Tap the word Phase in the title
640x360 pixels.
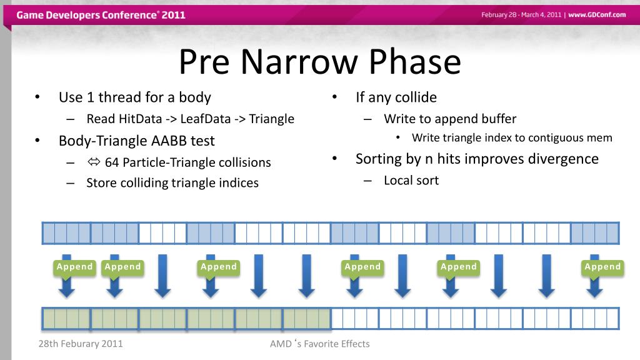coord(415,61)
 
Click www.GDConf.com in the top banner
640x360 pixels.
coord(597,15)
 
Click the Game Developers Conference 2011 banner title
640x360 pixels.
coord(101,15)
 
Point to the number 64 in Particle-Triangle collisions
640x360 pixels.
coord(112,162)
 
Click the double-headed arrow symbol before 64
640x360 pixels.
coord(94,162)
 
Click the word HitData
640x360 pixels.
coord(141,119)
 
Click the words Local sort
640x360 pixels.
coord(411,181)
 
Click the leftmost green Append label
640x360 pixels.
coord(75,267)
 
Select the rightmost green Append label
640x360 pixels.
coord(602,267)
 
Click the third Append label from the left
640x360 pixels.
coord(218,267)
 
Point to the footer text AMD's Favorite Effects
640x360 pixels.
coord(319,344)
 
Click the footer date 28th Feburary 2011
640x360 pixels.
coord(81,344)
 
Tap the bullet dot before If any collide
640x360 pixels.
coord(334,97)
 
